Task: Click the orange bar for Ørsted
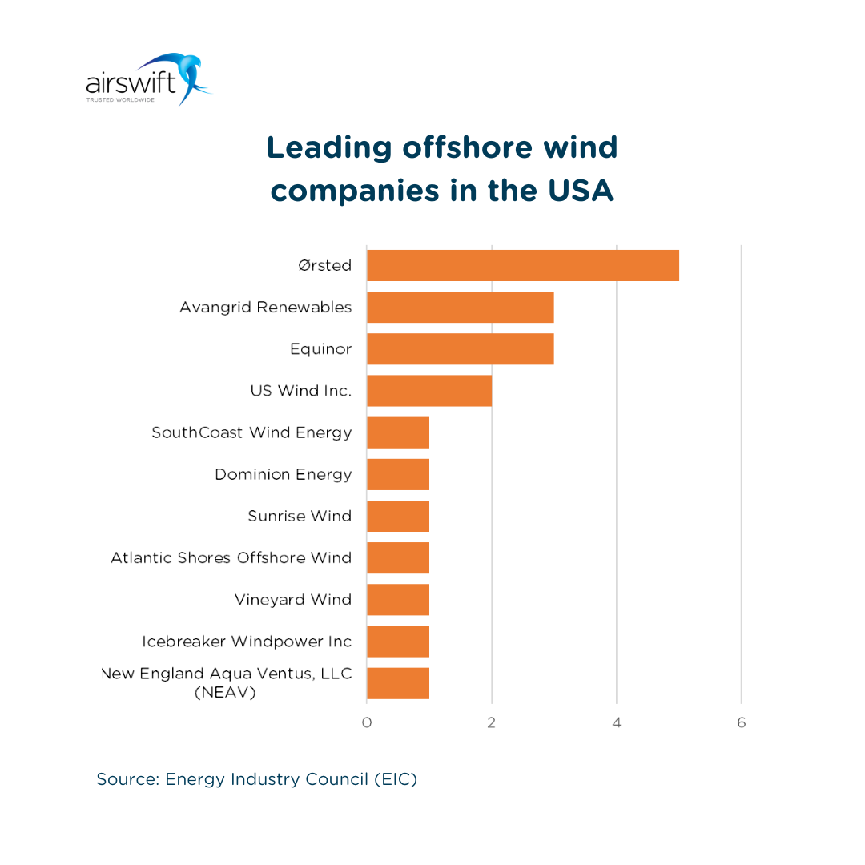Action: [522, 265]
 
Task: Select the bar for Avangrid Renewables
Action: [460, 307]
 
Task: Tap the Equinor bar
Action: [460, 349]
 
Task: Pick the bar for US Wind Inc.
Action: [428, 391]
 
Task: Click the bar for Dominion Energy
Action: [398, 474]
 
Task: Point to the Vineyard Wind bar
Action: [398, 599]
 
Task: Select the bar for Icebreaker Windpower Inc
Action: [398, 642]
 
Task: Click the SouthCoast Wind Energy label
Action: [251, 432]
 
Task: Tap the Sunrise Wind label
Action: [300, 516]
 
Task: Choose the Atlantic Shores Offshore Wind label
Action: [231, 557]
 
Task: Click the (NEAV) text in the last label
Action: [225, 693]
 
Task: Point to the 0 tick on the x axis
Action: [367, 723]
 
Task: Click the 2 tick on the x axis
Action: [491, 723]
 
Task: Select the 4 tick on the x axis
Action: [617, 723]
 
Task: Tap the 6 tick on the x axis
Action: [741, 723]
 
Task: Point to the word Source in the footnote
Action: [126, 779]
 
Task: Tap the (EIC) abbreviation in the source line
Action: [396, 779]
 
